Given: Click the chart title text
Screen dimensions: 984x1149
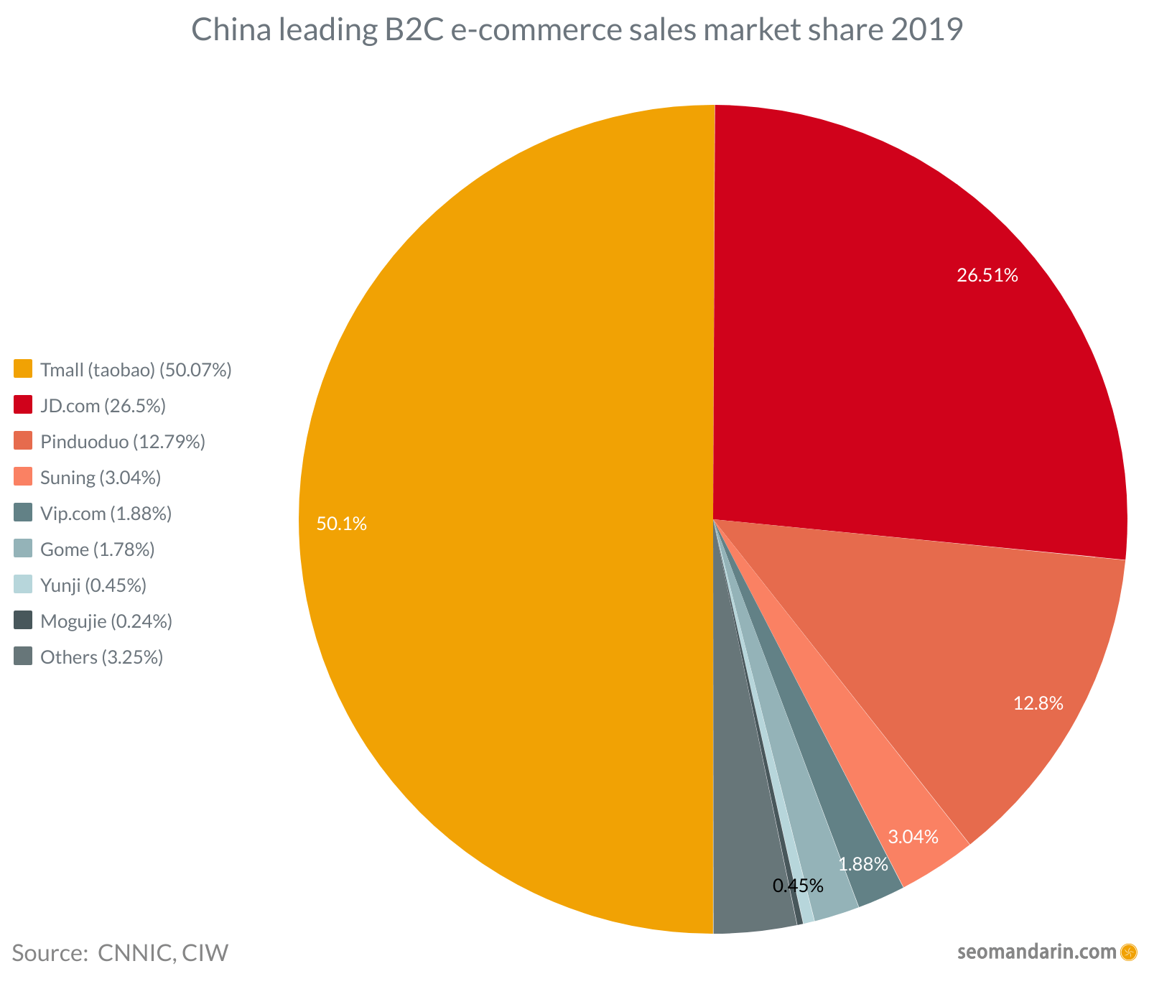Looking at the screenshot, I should coord(577,31).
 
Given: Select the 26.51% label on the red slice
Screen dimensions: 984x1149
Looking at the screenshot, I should coord(987,275).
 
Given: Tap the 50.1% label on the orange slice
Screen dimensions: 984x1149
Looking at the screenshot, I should coord(342,524).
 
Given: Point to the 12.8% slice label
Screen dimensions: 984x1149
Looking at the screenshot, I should coord(1038,704).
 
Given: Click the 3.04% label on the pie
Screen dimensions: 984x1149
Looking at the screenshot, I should coord(913,837).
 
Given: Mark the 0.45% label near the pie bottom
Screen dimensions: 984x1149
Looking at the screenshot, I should coord(797,886).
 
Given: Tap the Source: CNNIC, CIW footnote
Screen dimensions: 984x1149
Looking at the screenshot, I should coord(120,953).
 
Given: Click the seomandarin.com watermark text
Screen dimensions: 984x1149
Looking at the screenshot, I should coord(1037,952).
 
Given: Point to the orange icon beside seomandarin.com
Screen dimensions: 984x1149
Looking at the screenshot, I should coord(1129,952).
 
